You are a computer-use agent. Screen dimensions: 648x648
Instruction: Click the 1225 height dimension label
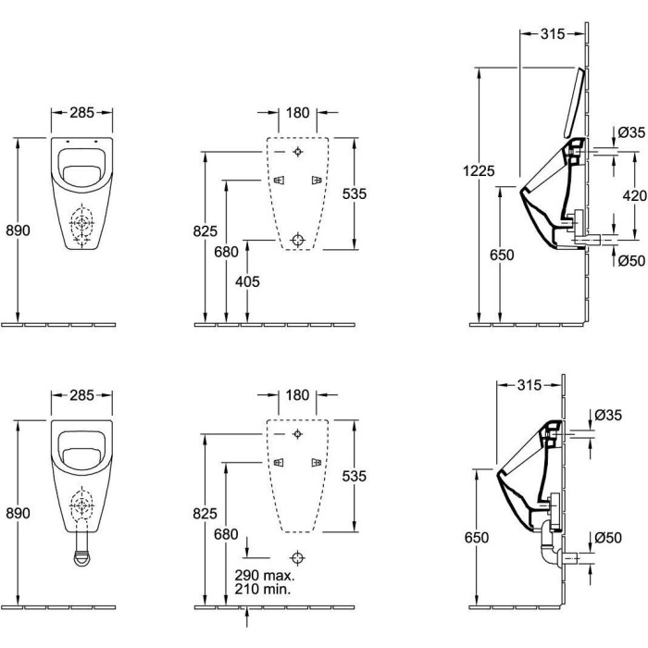479,170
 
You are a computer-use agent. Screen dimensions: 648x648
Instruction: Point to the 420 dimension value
634,195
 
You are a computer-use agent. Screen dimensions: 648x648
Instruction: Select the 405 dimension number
247,281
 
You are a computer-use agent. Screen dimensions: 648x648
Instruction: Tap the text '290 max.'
265,575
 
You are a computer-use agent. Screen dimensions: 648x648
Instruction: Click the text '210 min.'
263,589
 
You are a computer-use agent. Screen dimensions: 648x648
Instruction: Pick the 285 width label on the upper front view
81,112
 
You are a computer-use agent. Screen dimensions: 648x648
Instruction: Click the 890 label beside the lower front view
19,513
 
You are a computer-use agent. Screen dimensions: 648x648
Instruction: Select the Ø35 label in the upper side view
631,132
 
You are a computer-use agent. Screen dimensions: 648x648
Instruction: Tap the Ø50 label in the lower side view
608,537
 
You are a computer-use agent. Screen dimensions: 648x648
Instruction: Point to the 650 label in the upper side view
502,255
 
